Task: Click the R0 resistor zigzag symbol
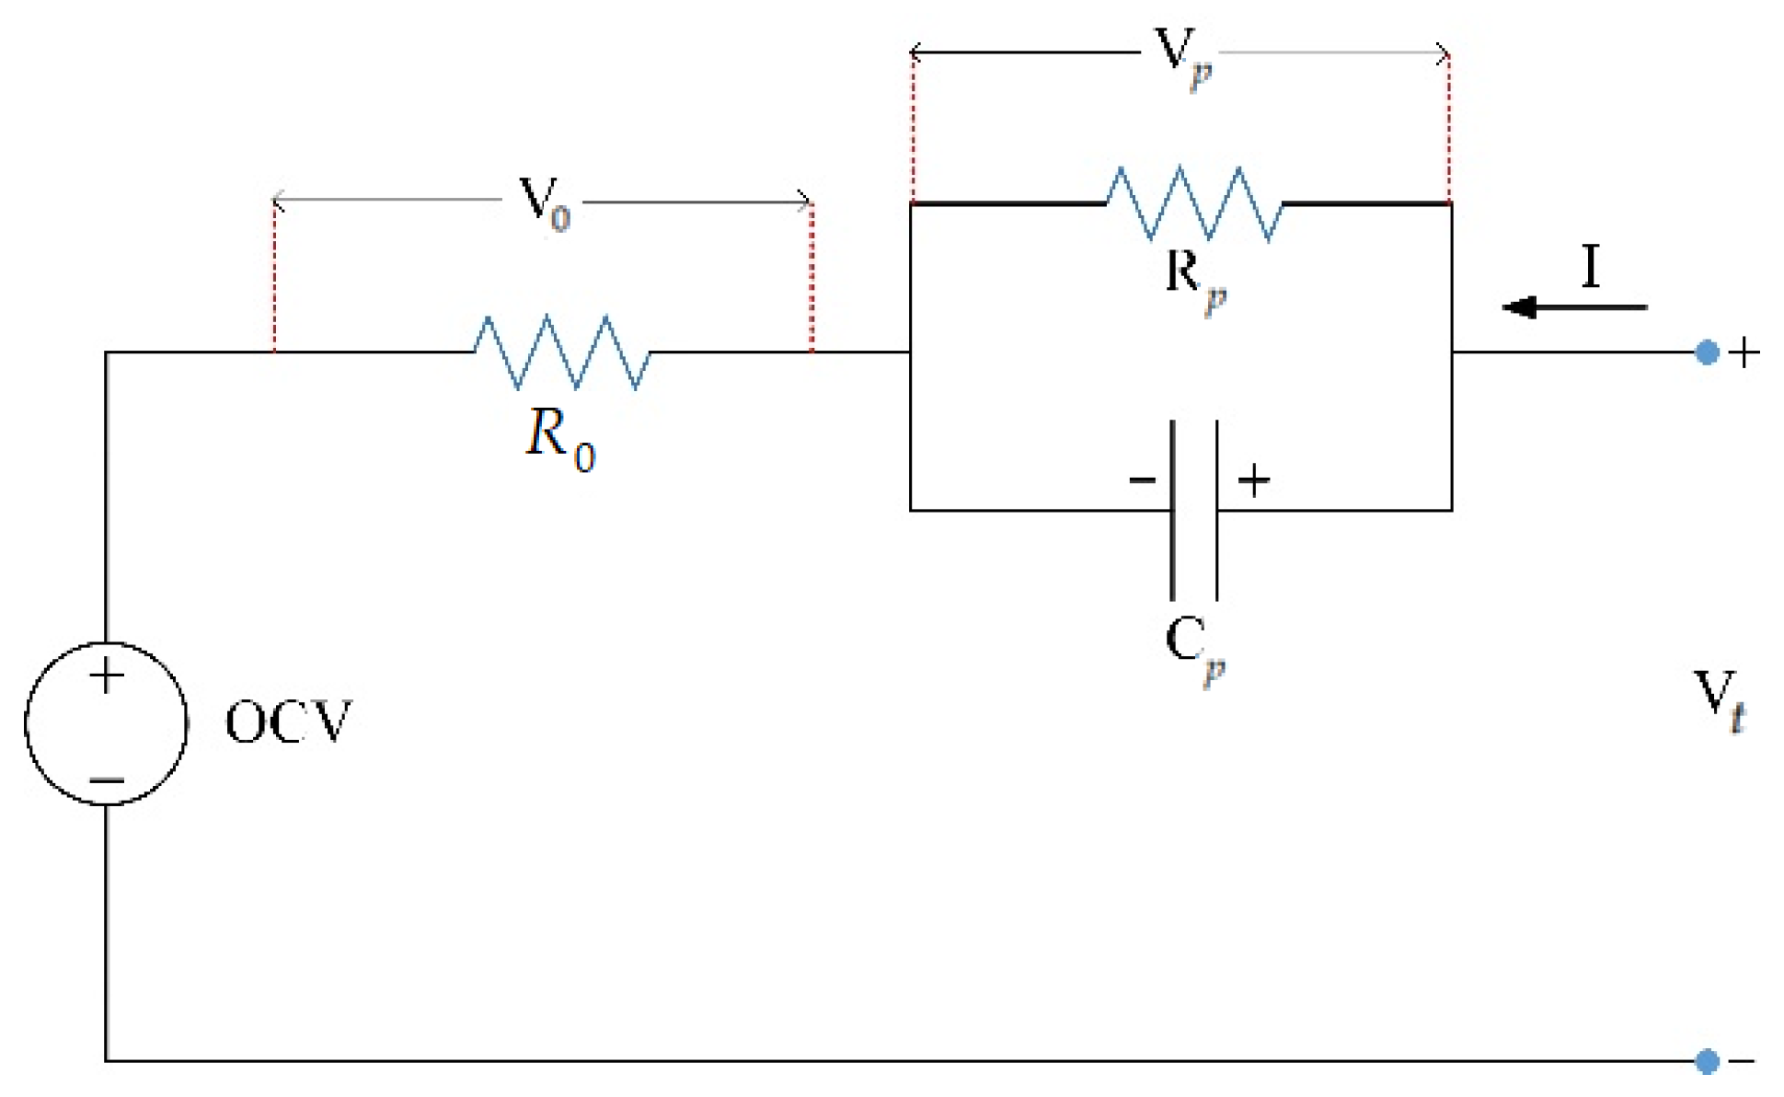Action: pyautogui.click(x=562, y=352)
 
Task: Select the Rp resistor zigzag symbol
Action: pyautogui.click(x=1194, y=203)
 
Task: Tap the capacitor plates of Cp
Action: pyautogui.click(x=1194, y=510)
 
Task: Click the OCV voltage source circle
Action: pyautogui.click(x=107, y=723)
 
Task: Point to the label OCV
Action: pyautogui.click(x=288, y=722)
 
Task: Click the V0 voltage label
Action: pyautogui.click(x=544, y=202)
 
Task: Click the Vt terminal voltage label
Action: pyautogui.click(x=1719, y=700)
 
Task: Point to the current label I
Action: pyautogui.click(x=1591, y=266)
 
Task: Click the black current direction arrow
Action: pyautogui.click(x=1573, y=307)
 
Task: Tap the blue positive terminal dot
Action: pyautogui.click(x=1707, y=352)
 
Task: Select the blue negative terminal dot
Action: pyautogui.click(x=1707, y=1061)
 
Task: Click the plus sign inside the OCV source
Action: pyautogui.click(x=107, y=676)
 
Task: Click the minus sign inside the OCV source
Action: pyautogui.click(x=107, y=780)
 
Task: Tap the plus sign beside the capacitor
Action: pyautogui.click(x=1253, y=480)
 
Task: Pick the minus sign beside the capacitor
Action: pyautogui.click(x=1142, y=480)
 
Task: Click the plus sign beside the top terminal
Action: pyautogui.click(x=1744, y=352)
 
